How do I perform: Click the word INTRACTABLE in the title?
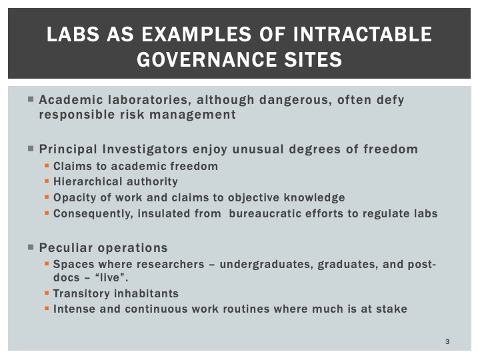tap(363, 34)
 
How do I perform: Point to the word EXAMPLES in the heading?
tap(196, 34)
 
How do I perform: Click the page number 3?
tap(447, 341)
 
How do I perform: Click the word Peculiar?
tap(66, 247)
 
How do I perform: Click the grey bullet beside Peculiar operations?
tap(31, 247)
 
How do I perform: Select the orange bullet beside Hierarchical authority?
tap(47, 181)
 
